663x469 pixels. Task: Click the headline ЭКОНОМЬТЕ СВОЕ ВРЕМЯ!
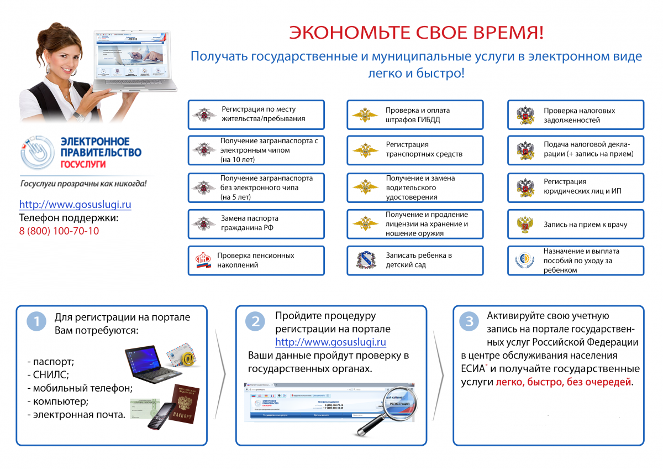pos(416,33)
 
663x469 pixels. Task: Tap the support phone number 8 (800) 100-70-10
pos(59,231)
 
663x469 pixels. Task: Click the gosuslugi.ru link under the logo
pos(75,205)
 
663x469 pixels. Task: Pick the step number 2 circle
pos(255,322)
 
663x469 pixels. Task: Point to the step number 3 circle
pos(469,322)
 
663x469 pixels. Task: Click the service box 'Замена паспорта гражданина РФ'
pos(256,223)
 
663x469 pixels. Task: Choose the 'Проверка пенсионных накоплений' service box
pos(256,260)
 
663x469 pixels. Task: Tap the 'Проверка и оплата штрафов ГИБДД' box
pos(415,115)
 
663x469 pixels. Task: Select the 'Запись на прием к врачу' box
pos(576,225)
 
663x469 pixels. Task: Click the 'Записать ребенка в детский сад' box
pos(415,260)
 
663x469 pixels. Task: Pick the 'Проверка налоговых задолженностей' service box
pos(576,115)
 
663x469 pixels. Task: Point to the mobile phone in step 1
pos(160,416)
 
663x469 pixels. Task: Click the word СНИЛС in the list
pos(49,374)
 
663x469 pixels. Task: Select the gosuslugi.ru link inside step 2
pos(330,342)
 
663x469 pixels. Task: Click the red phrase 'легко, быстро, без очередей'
pos(564,382)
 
